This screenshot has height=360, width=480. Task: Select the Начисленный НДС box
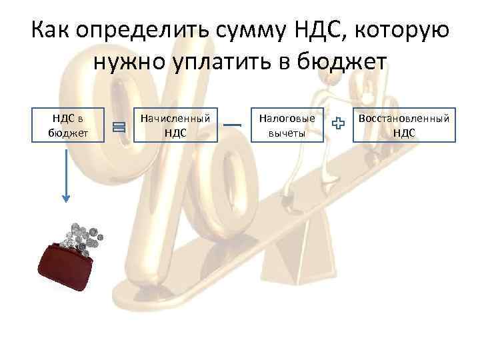176,125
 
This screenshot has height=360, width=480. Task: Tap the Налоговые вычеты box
287,125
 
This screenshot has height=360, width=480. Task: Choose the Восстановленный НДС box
404,125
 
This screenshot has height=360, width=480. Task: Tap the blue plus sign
339,123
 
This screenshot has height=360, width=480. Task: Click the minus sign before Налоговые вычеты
231,125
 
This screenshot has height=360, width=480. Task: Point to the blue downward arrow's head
66,197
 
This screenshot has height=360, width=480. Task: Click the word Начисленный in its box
176,118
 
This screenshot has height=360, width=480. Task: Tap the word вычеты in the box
287,132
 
